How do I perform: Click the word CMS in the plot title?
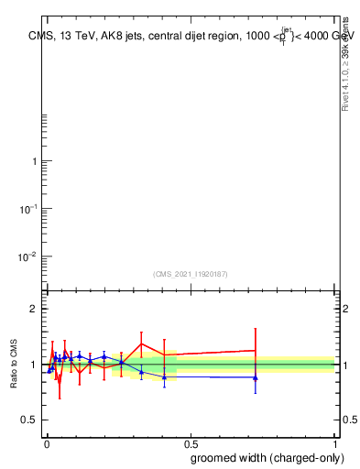pos(39,37)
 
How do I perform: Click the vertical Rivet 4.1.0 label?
pos(346,64)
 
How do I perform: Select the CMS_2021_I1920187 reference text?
pos(190,274)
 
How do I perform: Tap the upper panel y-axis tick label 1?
pos(35,162)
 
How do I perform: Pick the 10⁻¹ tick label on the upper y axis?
pos(29,209)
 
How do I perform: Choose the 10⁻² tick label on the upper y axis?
pos(29,256)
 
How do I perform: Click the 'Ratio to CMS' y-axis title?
pos(15,365)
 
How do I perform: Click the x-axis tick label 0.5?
pos(191,443)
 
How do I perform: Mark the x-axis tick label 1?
pos(336,443)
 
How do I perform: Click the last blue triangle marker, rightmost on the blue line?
pos(256,377)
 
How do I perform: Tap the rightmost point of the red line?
pos(256,350)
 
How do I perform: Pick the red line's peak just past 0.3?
pos(141,344)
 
